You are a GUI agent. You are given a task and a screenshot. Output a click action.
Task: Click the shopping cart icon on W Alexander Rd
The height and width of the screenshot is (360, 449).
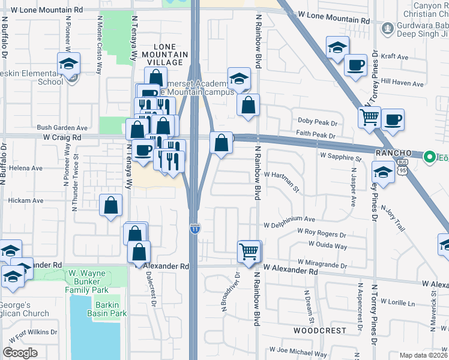[249, 251]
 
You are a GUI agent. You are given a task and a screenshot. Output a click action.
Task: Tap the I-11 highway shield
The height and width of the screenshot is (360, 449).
[194, 229]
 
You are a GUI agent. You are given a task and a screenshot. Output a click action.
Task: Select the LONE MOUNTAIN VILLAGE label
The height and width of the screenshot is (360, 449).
[168, 55]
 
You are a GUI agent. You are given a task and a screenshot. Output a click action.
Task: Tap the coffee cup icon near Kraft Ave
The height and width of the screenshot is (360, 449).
[355, 64]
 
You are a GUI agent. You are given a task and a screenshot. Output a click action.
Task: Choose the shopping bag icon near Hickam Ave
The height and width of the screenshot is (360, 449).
[111, 206]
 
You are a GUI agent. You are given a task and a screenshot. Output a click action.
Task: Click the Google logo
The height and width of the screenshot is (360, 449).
[20, 353]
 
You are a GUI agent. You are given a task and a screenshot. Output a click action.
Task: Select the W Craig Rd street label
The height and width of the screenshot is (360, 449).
[62, 137]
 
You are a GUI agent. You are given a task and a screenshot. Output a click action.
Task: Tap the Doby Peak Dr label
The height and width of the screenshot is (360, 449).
[318, 121]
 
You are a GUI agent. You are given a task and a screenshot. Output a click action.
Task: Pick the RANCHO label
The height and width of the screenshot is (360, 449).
[394, 153]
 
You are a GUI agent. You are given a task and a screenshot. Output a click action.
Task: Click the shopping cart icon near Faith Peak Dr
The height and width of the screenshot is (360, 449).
[369, 116]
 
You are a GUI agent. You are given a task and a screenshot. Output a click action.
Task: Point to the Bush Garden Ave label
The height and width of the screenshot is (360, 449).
[62, 128]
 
